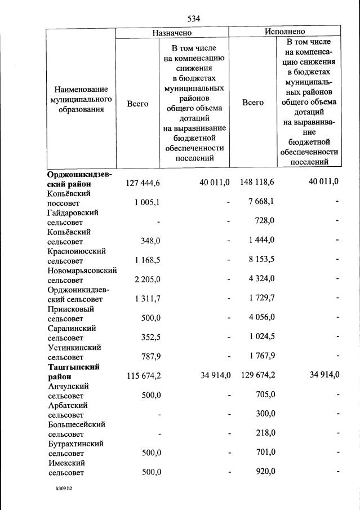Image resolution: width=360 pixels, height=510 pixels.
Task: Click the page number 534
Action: pyautogui.click(x=194, y=19)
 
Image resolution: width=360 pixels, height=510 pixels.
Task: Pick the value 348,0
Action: pyautogui.click(x=150, y=240)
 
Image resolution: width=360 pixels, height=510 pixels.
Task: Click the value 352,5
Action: pyautogui.click(x=150, y=336)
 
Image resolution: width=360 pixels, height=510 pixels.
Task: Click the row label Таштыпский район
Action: pyautogui.click(x=73, y=371)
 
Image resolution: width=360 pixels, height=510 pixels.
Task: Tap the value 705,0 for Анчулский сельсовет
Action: pyautogui.click(x=264, y=394)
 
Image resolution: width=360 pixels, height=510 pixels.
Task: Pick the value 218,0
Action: pyautogui.click(x=264, y=433)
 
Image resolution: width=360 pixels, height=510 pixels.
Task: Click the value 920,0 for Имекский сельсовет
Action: pyautogui.click(x=264, y=472)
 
